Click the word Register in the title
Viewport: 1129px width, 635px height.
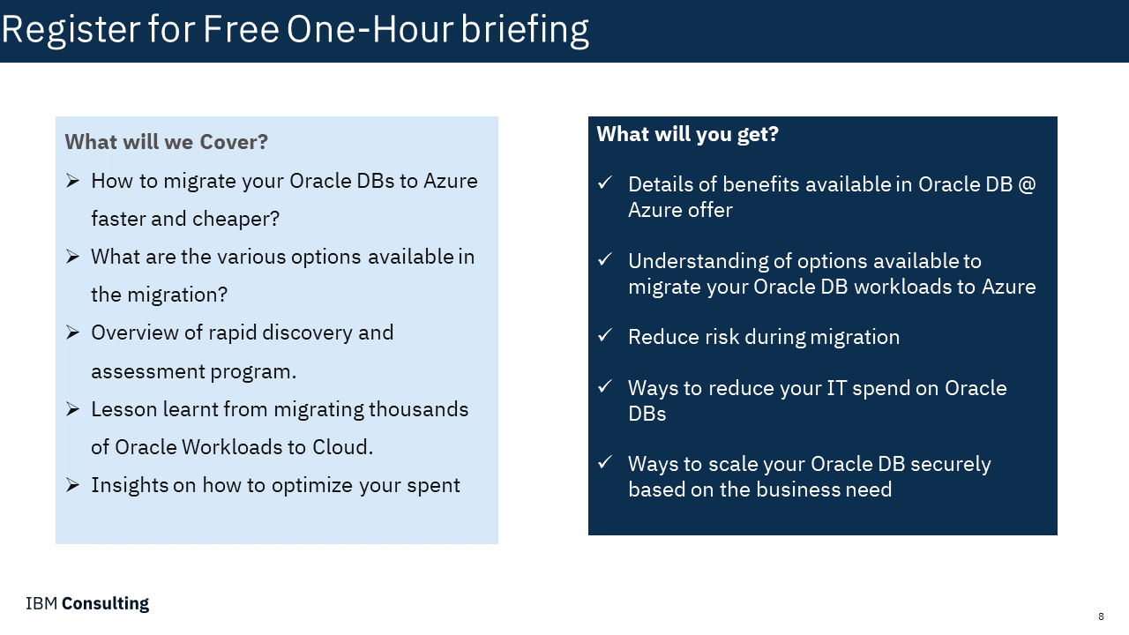[x=71, y=30]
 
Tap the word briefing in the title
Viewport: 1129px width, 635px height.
[x=525, y=30]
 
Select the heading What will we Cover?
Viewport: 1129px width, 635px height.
[x=167, y=142]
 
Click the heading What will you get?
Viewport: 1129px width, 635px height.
[x=687, y=134]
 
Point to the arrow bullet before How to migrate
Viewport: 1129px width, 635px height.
[x=73, y=181]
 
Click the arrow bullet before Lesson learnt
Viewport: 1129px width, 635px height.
[x=73, y=408]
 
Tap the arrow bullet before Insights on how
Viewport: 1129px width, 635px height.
[x=73, y=485]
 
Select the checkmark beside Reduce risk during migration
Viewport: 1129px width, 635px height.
[x=605, y=334]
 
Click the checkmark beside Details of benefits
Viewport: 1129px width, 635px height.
[x=605, y=183]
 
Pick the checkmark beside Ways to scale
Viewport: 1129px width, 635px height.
[x=605, y=461]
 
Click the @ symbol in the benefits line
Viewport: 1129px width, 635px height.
[x=1027, y=185]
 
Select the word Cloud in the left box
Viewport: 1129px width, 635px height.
[x=340, y=447]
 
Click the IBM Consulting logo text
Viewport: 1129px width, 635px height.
[x=87, y=603]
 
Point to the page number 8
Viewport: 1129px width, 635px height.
[x=1101, y=616]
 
